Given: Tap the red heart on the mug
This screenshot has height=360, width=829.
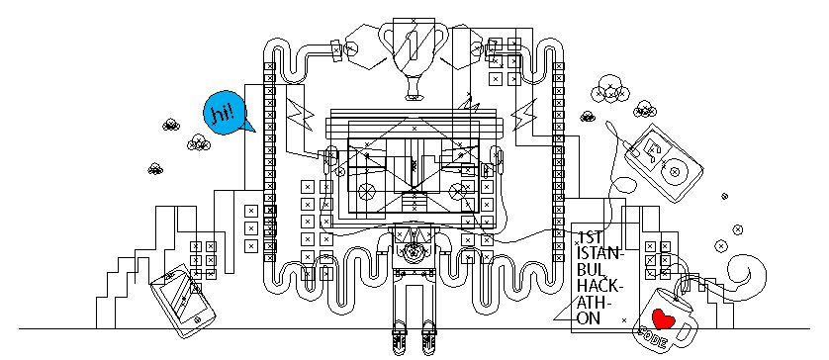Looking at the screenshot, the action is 662,318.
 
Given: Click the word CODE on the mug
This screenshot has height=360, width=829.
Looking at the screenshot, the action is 652,338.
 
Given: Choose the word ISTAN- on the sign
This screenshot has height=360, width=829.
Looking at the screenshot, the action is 600,253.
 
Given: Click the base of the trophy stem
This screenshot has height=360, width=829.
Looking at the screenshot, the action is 414,96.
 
